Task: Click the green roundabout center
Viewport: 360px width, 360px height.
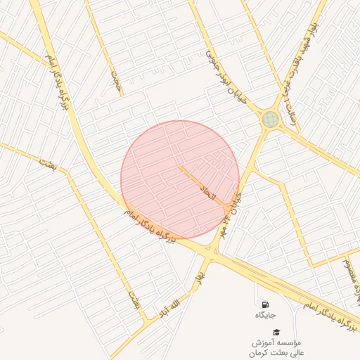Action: click(270, 119)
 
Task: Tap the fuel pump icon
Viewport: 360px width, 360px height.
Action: click(264, 304)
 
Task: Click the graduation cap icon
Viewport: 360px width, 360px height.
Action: click(276, 331)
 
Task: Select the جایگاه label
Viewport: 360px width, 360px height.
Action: click(266, 315)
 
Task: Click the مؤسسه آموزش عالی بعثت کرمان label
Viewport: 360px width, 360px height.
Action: click(276, 345)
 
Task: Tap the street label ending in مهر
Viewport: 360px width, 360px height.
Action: click(237, 203)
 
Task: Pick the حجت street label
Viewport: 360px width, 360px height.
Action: click(115, 82)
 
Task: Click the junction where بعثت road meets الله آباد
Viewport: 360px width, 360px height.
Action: click(146, 321)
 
